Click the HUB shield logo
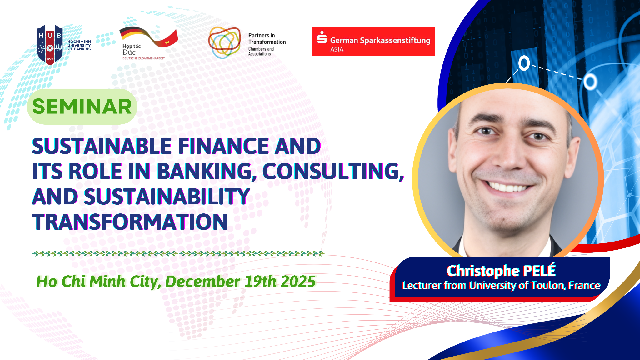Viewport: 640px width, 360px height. coord(50,45)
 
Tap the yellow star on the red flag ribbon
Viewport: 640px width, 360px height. coord(167,42)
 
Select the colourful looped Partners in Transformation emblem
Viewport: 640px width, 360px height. coord(224,43)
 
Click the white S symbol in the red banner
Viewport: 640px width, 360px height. coord(322,37)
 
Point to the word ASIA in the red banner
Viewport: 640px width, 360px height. coord(337,49)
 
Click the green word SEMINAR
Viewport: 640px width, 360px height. coord(82,107)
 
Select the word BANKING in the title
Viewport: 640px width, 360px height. coord(207,171)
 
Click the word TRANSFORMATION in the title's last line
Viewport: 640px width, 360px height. coord(130,222)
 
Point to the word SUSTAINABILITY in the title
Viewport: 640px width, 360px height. coord(167,197)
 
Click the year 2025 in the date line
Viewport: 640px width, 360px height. coord(298,282)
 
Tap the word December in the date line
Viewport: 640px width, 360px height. coord(203,282)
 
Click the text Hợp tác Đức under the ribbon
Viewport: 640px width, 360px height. coord(132,49)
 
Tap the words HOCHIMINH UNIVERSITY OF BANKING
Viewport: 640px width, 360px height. coord(79,45)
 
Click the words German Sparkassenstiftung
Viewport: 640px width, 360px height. coord(380,40)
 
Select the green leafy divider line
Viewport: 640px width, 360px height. coord(178,253)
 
